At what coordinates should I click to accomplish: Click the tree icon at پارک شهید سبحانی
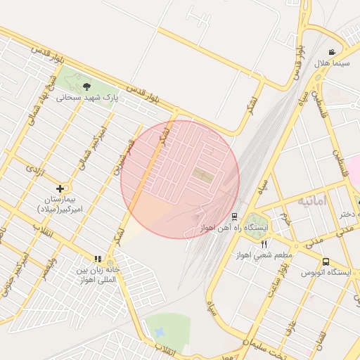click(x=86, y=87)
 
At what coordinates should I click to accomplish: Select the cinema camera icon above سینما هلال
click(x=331, y=53)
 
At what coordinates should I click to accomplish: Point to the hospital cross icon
click(x=60, y=188)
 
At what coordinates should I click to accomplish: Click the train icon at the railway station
click(x=234, y=217)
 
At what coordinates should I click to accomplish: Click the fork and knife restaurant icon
click(x=264, y=243)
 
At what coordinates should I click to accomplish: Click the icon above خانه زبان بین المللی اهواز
click(x=98, y=259)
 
